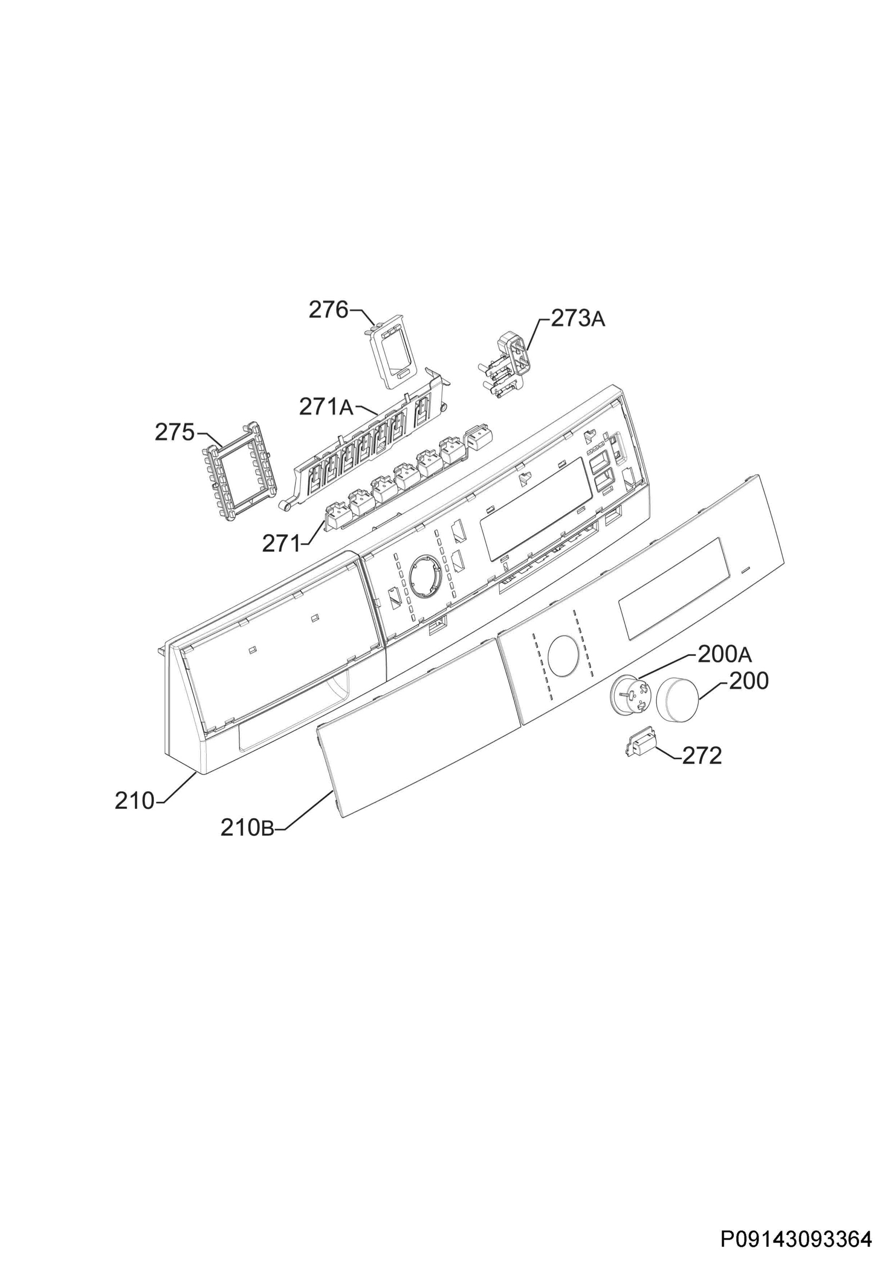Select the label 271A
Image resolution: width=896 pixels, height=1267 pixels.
pyautogui.click(x=326, y=407)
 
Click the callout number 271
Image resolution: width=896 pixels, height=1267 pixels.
pyautogui.click(x=281, y=544)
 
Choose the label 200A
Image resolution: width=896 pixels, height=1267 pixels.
pyautogui.click(x=724, y=655)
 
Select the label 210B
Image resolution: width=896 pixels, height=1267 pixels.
pyautogui.click(x=247, y=843)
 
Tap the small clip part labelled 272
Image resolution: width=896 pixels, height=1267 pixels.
pyautogui.click(x=640, y=746)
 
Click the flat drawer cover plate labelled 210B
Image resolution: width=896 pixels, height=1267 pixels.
pyautogui.click(x=419, y=735)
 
